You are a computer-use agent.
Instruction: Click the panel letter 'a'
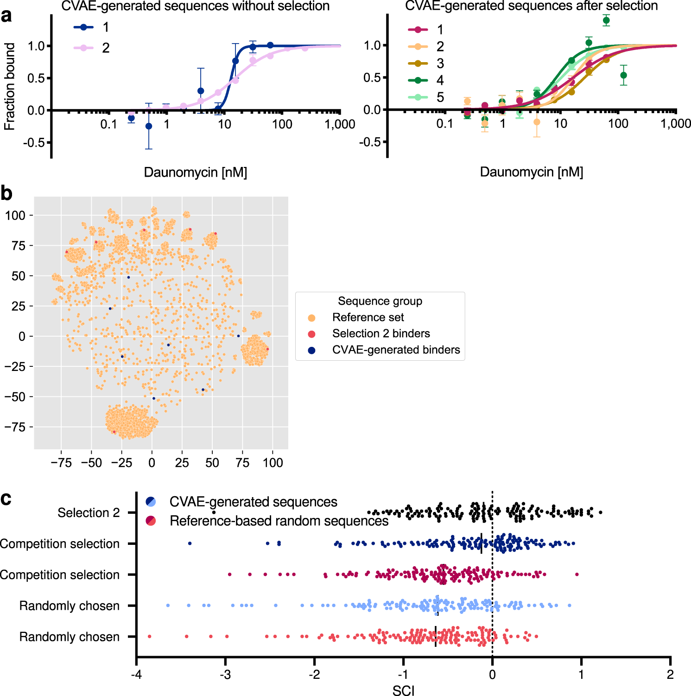(x=6, y=16)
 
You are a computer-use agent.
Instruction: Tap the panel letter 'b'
(x=6, y=193)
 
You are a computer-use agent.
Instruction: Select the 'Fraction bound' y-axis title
(x=10, y=87)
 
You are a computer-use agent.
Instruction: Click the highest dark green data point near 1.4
(x=606, y=20)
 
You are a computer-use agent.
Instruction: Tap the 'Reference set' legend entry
(x=368, y=318)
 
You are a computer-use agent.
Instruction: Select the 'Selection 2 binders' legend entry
(x=380, y=334)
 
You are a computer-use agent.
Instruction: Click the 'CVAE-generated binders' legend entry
(x=396, y=350)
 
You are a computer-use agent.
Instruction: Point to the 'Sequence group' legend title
(x=380, y=301)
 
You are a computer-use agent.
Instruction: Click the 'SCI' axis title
(x=403, y=690)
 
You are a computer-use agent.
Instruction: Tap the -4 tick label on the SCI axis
(x=136, y=674)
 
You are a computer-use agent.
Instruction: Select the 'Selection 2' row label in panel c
(x=89, y=513)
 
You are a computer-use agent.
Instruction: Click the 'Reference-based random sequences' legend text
(x=279, y=521)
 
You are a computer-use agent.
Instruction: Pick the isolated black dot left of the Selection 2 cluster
(x=214, y=512)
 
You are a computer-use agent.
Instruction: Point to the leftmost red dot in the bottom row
(x=149, y=637)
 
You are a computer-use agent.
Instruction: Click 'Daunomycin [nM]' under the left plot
(x=195, y=172)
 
